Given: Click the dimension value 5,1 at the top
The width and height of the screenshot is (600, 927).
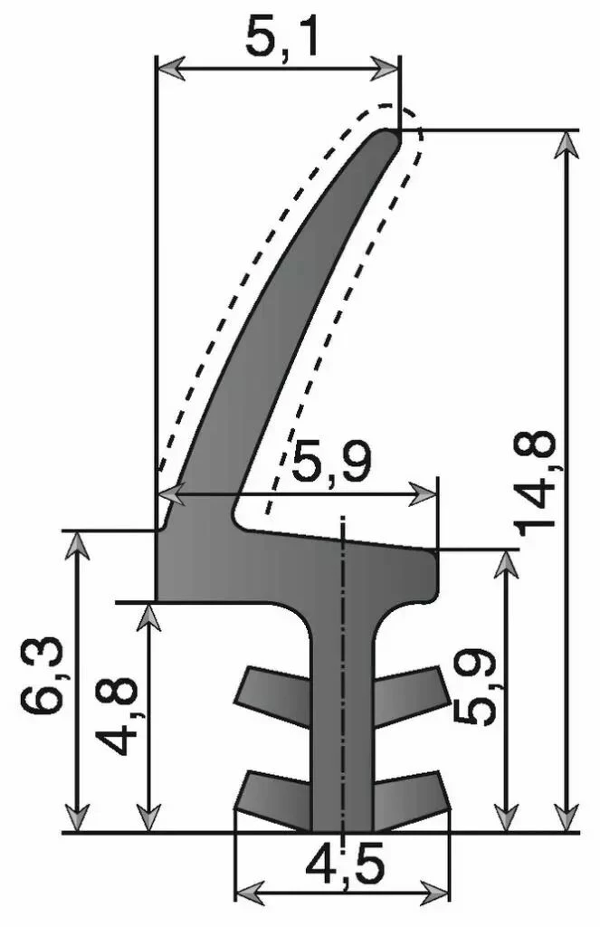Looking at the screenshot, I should pos(281,38).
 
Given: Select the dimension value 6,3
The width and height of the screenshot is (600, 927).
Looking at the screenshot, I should pos(40,678).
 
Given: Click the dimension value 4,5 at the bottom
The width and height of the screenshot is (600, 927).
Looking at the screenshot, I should pos(344,868).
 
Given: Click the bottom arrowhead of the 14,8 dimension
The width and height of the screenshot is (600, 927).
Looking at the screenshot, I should pos(567,818).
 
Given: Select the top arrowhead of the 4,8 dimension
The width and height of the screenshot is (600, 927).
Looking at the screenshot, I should pos(150,615).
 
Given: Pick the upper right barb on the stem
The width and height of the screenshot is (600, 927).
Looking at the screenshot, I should pos(411,693).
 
